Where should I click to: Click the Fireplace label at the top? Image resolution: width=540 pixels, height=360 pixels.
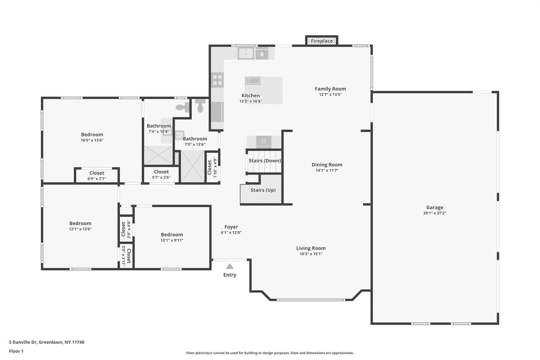click(x=321, y=41)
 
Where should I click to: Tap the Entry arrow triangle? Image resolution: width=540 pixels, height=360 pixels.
click(x=230, y=266)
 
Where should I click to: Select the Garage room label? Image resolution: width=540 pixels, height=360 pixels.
click(x=435, y=207)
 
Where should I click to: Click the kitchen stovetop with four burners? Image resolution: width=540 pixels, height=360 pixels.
click(x=218, y=80)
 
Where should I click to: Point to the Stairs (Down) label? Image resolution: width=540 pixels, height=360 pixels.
click(x=265, y=161)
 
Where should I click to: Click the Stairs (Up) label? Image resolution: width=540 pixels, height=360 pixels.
click(x=263, y=190)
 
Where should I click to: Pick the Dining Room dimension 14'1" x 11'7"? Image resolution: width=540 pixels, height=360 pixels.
click(x=327, y=170)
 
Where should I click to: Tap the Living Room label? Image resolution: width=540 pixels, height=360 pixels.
click(x=311, y=248)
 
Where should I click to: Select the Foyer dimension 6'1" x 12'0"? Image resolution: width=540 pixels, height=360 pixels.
click(x=231, y=232)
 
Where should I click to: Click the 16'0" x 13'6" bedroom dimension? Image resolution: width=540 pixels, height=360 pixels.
click(x=92, y=140)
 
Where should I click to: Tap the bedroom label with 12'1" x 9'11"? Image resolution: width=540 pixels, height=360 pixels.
click(x=172, y=235)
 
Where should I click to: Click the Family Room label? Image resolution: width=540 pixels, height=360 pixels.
click(x=330, y=89)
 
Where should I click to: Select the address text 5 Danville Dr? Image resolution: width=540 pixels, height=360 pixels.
click(x=23, y=342)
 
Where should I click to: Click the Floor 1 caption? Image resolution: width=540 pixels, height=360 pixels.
click(x=16, y=351)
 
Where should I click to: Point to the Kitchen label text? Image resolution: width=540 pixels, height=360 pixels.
click(x=250, y=95)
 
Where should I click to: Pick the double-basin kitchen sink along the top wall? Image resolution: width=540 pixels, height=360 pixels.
click(x=246, y=53)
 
